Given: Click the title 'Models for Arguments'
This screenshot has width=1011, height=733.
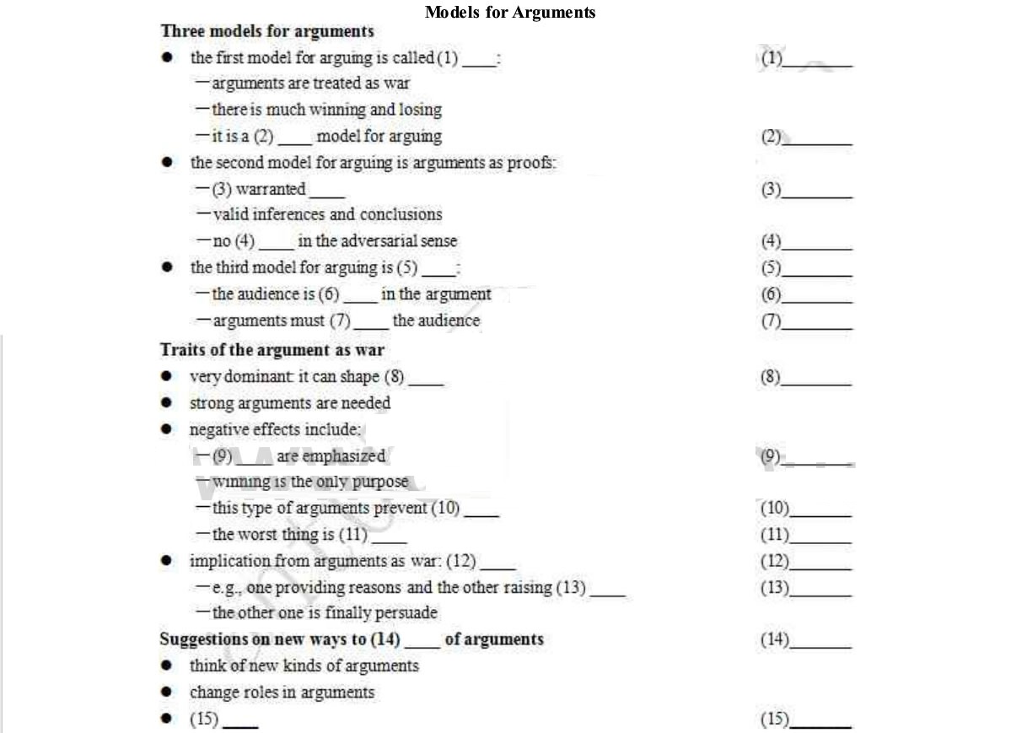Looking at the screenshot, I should pyautogui.click(x=510, y=12).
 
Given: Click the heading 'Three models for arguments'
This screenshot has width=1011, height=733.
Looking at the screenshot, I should pyautogui.click(x=266, y=31).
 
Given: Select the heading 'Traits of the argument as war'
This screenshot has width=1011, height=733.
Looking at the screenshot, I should pyautogui.click(x=272, y=350).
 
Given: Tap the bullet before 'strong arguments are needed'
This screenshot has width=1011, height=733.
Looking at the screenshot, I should pyautogui.click(x=168, y=403).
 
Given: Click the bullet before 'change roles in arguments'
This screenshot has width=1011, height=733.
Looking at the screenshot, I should pyautogui.click(x=168, y=693).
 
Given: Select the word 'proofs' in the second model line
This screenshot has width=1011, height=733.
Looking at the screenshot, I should pyautogui.click(x=530, y=163).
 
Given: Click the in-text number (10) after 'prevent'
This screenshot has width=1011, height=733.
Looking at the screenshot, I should pyautogui.click(x=445, y=509).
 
